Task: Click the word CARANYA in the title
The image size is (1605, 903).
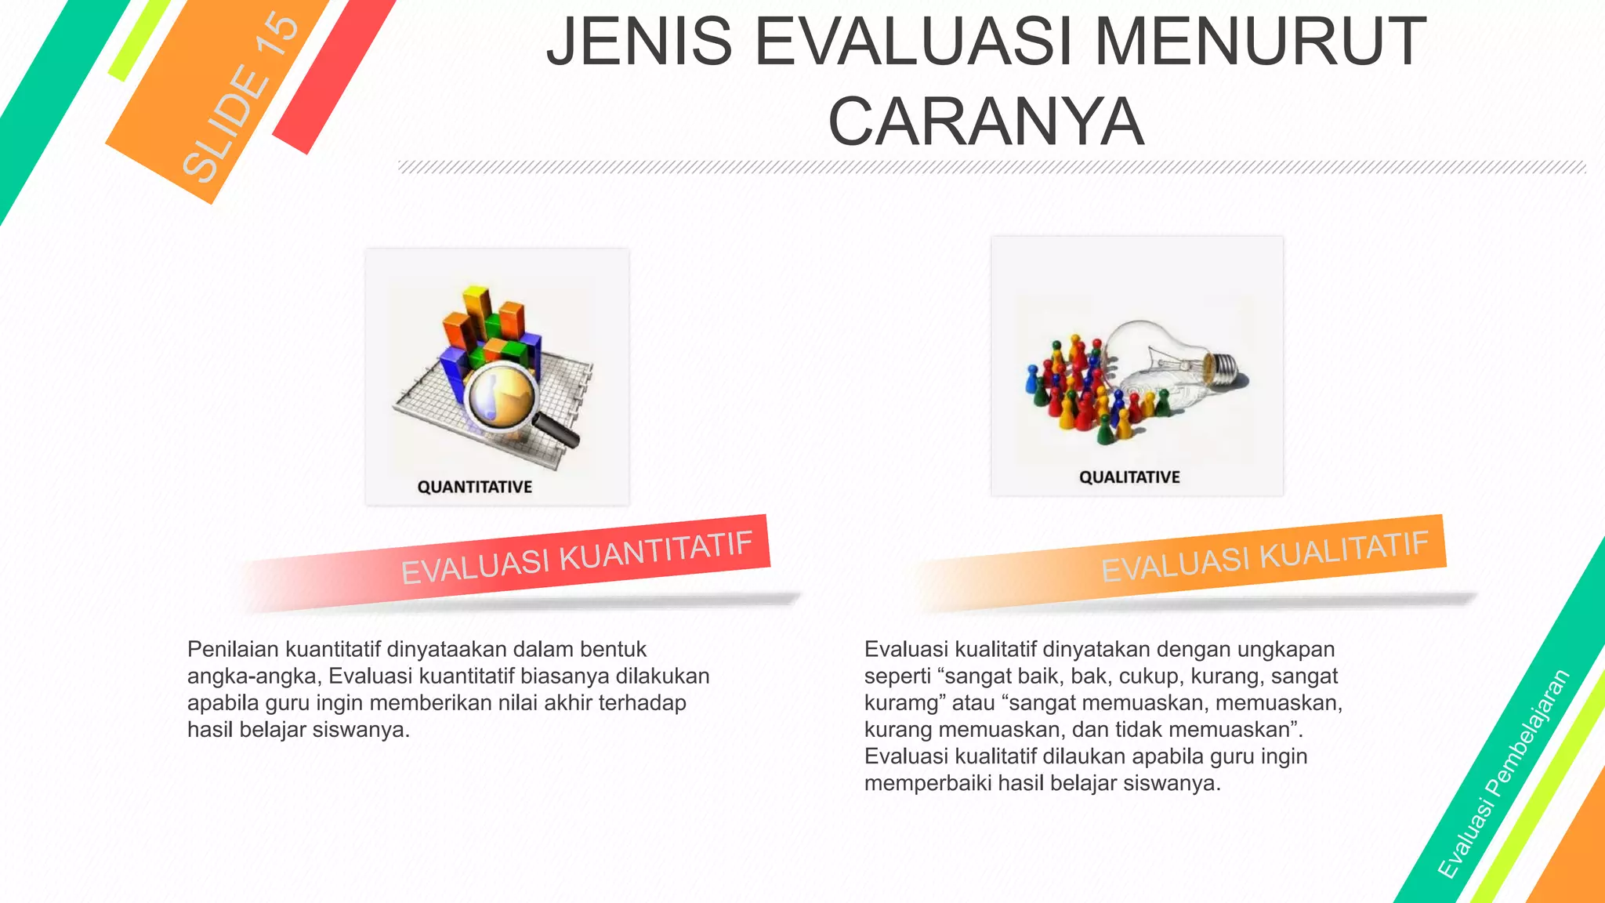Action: pyautogui.click(x=986, y=121)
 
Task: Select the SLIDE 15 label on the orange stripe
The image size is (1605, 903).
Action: pyautogui.click(x=241, y=98)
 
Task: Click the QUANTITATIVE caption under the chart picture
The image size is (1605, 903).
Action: pyautogui.click(x=474, y=487)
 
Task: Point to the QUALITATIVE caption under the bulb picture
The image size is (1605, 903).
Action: pyautogui.click(x=1129, y=477)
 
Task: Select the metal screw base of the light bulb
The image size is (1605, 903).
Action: pyautogui.click(x=1223, y=368)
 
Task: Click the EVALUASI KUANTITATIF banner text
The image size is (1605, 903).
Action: pyautogui.click(x=577, y=557)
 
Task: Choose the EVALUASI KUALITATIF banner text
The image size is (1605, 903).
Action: pyautogui.click(x=1264, y=556)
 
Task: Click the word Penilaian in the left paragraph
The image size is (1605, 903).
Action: pyautogui.click(x=233, y=649)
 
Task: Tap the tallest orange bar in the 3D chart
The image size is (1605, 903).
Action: pyautogui.click(x=476, y=309)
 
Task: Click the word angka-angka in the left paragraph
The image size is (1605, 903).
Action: pyautogui.click(x=252, y=676)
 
